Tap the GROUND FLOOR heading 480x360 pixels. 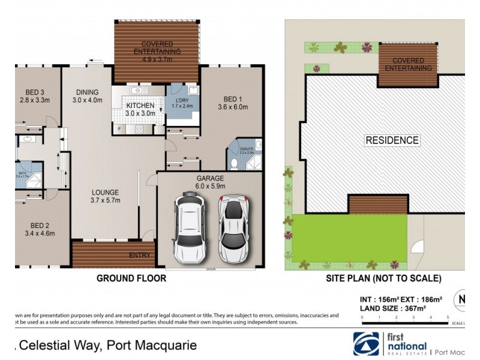(x=131, y=278)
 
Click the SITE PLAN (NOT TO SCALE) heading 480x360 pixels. (x=383, y=278)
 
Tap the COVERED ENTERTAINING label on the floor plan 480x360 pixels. (x=157, y=48)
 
